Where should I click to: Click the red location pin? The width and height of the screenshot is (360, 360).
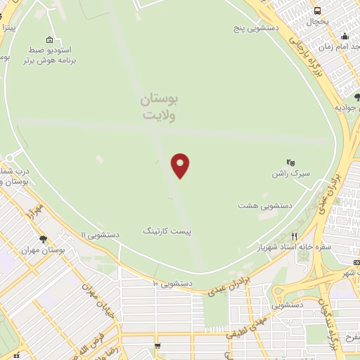pos(181,165)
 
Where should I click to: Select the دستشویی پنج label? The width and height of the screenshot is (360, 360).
pos(257,30)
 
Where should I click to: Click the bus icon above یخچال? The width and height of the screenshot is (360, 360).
pos(318,11)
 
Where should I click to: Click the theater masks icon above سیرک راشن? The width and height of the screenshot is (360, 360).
pos(290,162)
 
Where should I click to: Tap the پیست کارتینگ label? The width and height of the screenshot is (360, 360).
pos(167,231)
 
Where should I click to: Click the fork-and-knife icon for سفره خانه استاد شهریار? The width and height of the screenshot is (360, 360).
pos(295,236)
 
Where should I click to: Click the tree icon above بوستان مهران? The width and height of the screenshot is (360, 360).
pos(43,239)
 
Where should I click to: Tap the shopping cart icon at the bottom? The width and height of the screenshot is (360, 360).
pos(158,346)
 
